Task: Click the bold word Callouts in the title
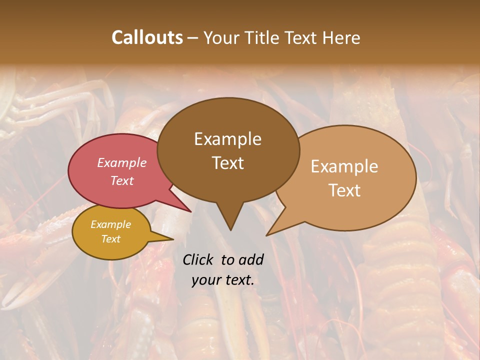(x=147, y=37)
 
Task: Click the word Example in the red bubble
(x=121, y=162)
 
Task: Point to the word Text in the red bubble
(x=121, y=180)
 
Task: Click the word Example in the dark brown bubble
(x=227, y=139)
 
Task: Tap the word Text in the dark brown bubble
(x=227, y=162)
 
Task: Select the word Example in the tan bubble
(x=344, y=166)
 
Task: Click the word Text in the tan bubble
(x=344, y=190)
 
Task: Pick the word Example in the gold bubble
(x=110, y=224)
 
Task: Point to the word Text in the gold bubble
(x=110, y=239)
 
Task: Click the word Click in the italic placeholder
(x=198, y=259)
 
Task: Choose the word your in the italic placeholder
(x=205, y=280)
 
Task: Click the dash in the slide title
(x=193, y=38)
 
